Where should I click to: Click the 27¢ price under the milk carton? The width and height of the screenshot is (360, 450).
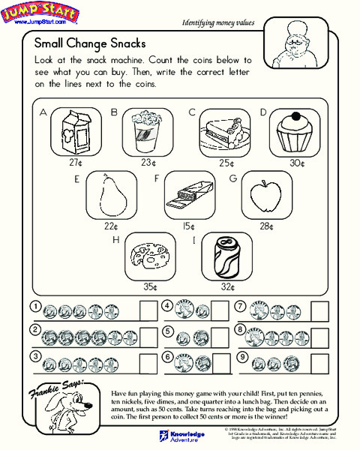click(x=75, y=162)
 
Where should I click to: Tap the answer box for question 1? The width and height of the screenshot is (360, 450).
click(x=148, y=310)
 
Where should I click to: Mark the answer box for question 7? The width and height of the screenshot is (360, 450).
click(x=320, y=310)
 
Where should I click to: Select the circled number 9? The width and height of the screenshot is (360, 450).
click(x=241, y=357)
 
